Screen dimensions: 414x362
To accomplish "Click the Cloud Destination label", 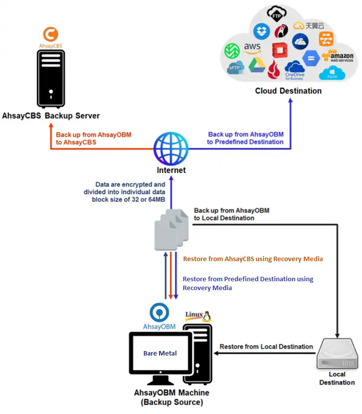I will click(x=288, y=91).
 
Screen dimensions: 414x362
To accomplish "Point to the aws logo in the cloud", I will click(x=252, y=49).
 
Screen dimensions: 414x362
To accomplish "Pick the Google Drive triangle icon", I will click(x=256, y=66).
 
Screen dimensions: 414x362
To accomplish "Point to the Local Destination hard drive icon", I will click(x=337, y=354).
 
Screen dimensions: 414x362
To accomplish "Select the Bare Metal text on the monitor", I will click(x=160, y=353).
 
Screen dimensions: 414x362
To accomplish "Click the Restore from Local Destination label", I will click(x=266, y=347).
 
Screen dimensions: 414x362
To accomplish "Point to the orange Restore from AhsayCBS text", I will click(x=253, y=259).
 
